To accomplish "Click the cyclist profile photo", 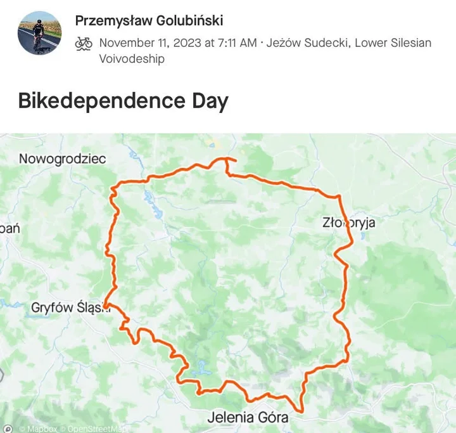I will click(x=39, y=33).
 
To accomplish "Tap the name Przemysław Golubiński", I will click(x=149, y=20).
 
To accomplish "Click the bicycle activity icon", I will click(x=84, y=43).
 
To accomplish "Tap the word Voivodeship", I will click(x=132, y=58).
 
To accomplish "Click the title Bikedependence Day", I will click(x=123, y=101).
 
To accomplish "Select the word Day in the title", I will click(x=209, y=101).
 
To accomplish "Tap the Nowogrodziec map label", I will click(x=62, y=158).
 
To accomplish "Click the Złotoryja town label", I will click(x=349, y=223).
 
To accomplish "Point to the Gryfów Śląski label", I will click(x=70, y=307).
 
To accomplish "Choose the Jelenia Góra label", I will click(x=248, y=417).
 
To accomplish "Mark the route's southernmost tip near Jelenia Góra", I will click(x=300, y=411).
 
